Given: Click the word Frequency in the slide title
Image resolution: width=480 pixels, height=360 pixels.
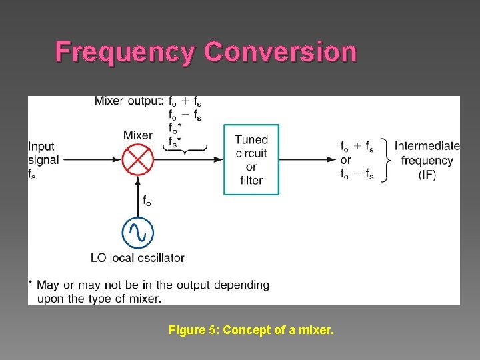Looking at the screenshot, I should coord(127,52).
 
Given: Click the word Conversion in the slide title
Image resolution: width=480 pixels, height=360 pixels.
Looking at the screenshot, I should coord(281,52).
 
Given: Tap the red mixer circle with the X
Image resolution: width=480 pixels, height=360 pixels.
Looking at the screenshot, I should coord(137,160).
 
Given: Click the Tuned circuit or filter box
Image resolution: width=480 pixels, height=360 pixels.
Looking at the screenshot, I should coord(251,160).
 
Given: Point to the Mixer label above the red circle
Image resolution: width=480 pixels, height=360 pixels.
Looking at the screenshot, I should coord(137,135).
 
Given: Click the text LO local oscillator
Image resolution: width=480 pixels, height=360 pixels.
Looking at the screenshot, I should coord(137,257).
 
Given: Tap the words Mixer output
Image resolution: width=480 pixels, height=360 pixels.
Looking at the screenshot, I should coord(128,101).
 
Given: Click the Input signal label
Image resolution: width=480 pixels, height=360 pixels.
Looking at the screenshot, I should coord(43,153).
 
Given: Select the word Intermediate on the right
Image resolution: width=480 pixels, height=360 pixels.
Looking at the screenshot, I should coord(427,146).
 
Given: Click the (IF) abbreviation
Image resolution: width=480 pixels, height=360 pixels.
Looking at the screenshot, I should coord(427,175).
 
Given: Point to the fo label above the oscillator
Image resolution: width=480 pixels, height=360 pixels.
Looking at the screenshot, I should coord(146,199).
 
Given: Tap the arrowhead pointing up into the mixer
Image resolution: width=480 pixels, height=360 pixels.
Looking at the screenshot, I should coord(138,179).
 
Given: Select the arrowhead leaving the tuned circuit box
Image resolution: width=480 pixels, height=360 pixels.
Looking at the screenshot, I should coord(331,160).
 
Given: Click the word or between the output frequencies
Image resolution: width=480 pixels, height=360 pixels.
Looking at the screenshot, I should coord(345,161).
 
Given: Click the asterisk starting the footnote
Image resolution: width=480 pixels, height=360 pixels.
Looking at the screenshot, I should coord(31,284).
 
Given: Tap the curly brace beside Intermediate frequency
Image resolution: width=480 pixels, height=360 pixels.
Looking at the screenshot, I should coord(386,160).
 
